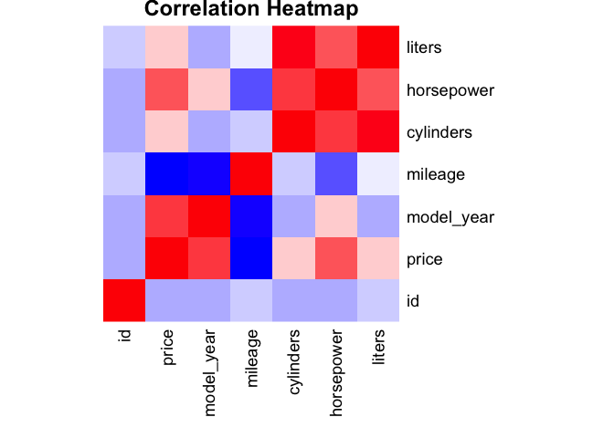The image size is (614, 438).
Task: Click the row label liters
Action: pos(424,47)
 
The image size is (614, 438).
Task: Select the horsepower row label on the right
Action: pos(450,89)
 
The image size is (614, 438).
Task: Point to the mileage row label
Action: pos(437,174)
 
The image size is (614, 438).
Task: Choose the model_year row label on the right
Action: pos(450,216)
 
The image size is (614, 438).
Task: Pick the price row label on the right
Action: pos(425,259)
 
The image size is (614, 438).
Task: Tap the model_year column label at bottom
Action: pos(209,373)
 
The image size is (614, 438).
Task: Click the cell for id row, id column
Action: pos(124,301)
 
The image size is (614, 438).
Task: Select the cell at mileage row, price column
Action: pos(166,174)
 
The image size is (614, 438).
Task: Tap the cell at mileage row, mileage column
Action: pos(251,174)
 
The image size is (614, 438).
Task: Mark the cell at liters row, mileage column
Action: pos(251,47)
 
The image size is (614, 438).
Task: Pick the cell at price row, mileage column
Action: pos(251,259)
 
